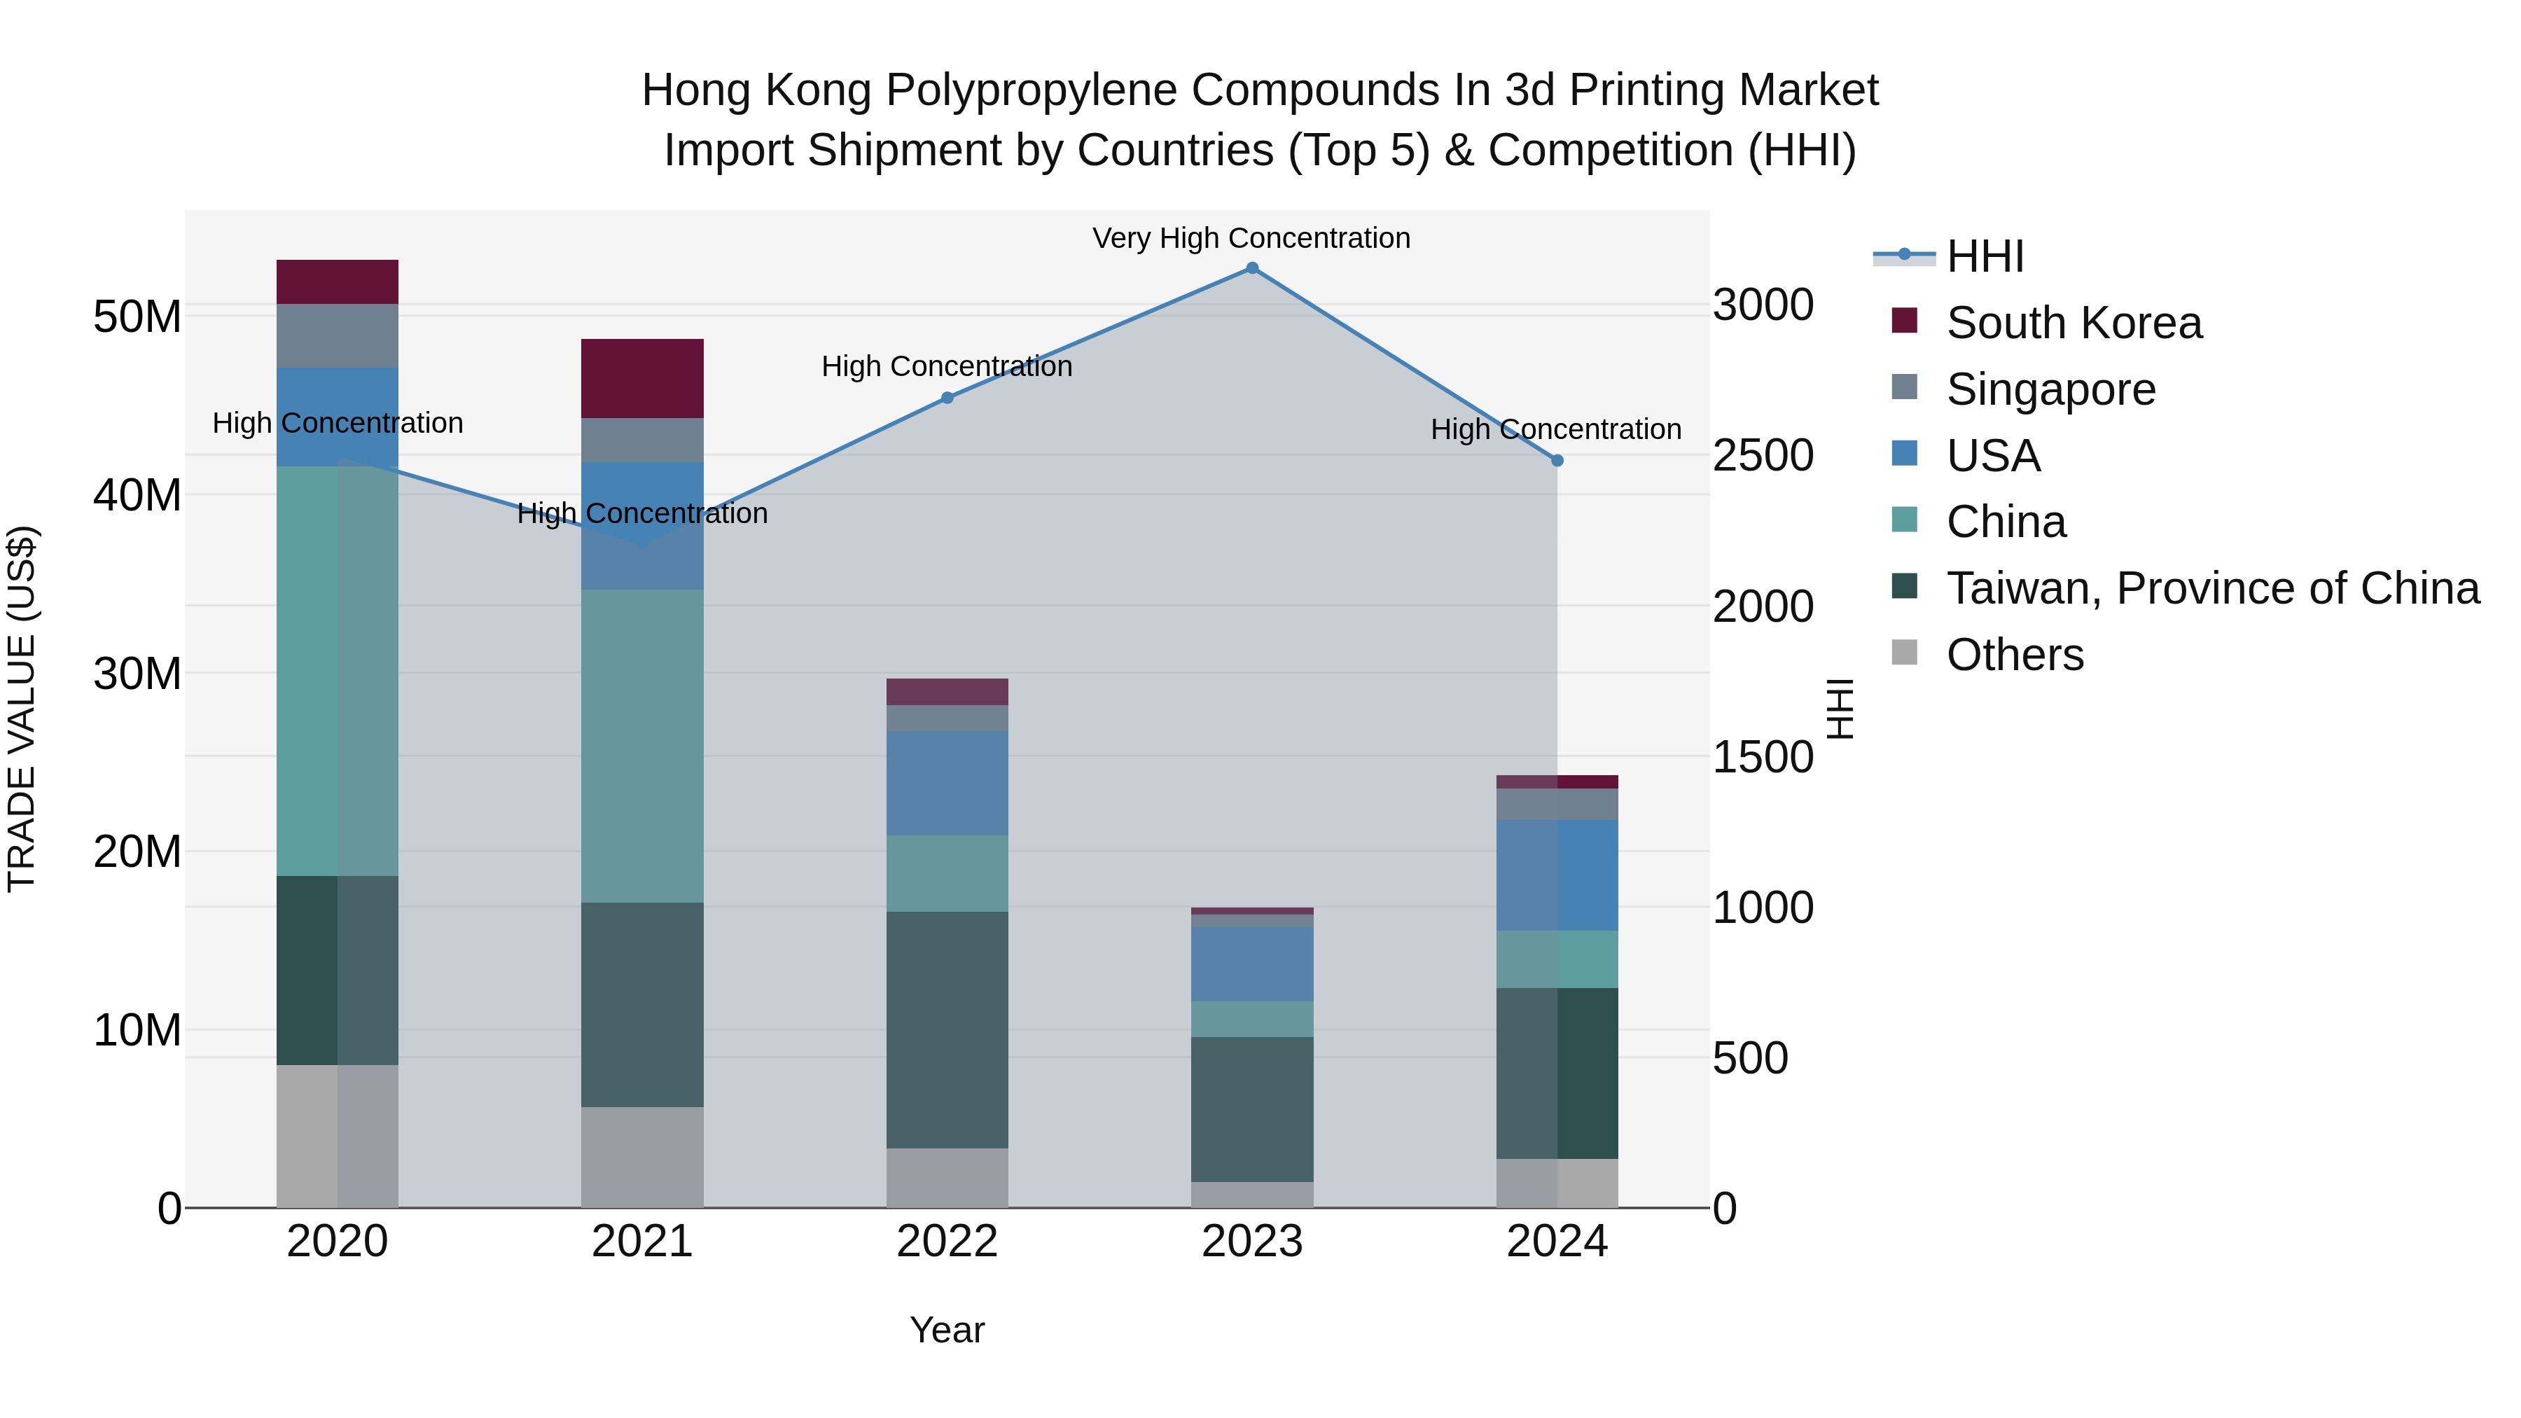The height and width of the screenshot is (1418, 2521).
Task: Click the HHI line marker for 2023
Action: (x=1251, y=268)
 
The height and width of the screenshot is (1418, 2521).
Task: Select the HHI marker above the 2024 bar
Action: (x=1557, y=460)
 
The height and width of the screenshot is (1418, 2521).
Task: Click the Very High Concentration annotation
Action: (x=1251, y=238)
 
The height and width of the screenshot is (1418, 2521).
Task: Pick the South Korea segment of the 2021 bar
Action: (x=642, y=379)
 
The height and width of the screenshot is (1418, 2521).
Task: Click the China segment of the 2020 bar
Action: (x=337, y=670)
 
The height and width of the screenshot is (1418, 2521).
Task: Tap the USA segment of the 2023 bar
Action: (x=1251, y=964)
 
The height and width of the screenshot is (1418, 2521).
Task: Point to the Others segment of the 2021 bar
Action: (x=642, y=1157)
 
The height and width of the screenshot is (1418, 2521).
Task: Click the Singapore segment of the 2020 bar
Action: (x=337, y=335)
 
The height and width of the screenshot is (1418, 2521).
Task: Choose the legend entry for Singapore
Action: (x=2050, y=389)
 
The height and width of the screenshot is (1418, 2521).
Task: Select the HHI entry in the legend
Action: (x=1985, y=256)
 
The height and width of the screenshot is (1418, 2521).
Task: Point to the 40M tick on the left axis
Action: (x=137, y=495)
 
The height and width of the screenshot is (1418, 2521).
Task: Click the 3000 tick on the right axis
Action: (x=1763, y=305)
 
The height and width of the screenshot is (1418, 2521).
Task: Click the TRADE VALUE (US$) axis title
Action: (x=22, y=709)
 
